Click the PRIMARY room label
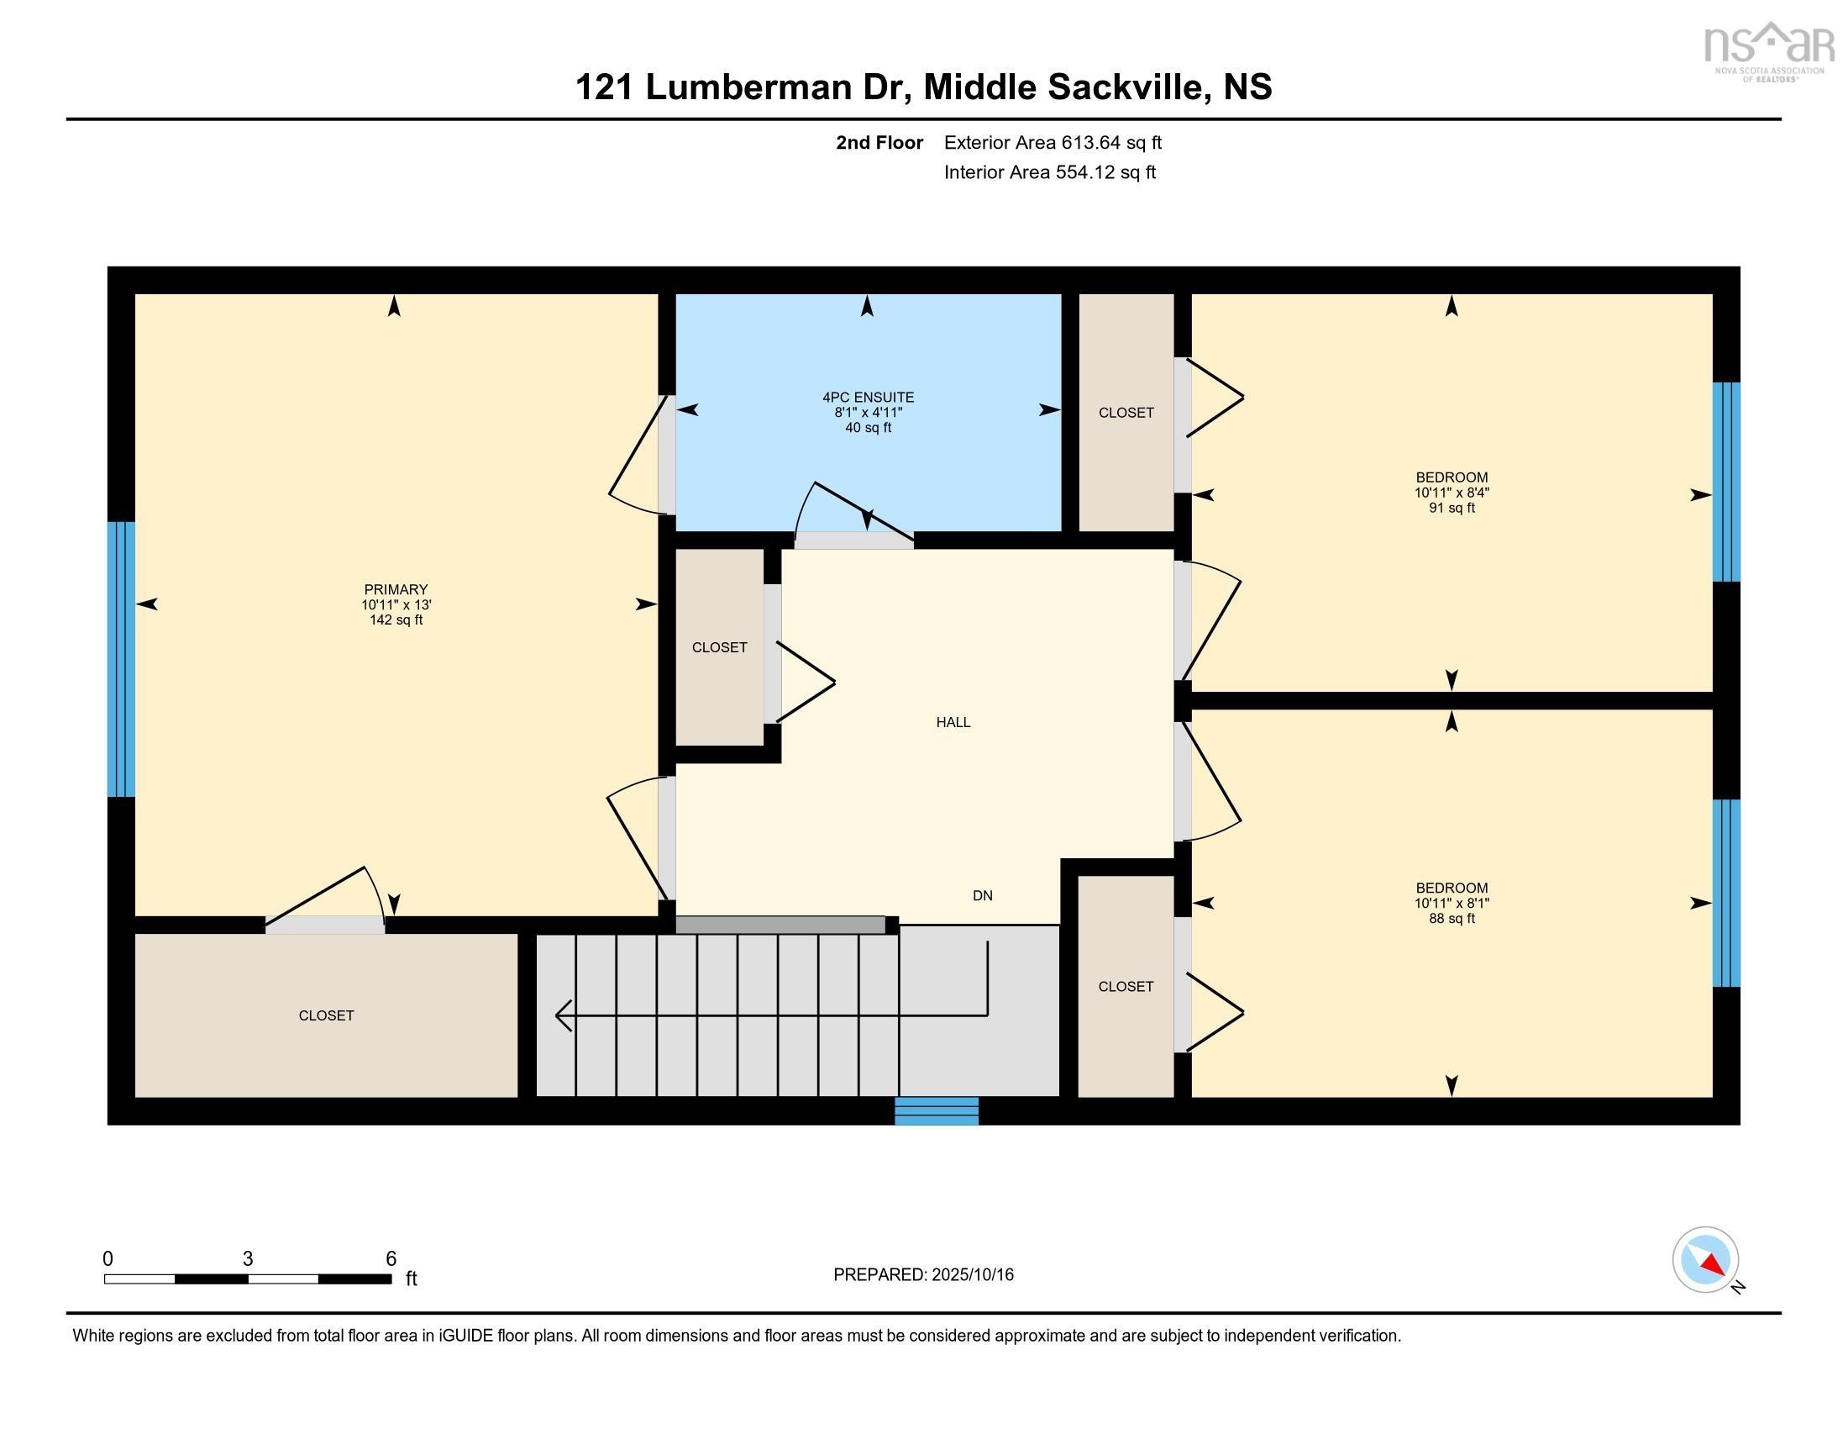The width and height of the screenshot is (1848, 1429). click(396, 589)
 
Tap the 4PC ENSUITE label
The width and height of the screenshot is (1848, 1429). click(869, 397)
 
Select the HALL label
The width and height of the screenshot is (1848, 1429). click(953, 722)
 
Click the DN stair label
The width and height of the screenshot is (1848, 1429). click(983, 896)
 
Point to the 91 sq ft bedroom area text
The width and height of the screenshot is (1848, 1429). click(1452, 508)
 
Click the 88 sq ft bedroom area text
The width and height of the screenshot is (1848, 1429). click(1452, 919)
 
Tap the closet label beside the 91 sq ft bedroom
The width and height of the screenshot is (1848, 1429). click(1126, 412)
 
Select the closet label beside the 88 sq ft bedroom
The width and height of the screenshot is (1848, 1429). click(1126, 986)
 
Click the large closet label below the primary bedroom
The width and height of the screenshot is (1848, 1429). click(327, 1015)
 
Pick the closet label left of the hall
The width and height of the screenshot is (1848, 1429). click(720, 647)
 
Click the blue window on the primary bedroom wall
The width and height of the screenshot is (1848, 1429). click(121, 659)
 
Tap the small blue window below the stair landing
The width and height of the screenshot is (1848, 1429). click(937, 1110)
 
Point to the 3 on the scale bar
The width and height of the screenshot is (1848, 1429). click(248, 1259)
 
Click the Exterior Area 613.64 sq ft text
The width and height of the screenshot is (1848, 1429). click(1053, 142)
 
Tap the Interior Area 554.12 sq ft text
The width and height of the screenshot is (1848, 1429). click(1050, 171)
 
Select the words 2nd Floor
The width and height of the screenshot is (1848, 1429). click(879, 142)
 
